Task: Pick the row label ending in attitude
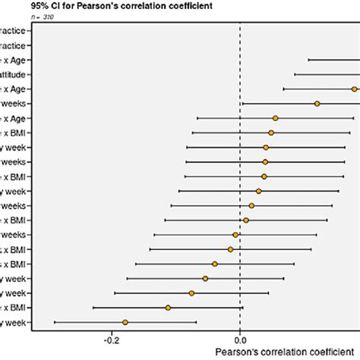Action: coord(15,74)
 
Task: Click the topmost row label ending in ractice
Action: coord(15,31)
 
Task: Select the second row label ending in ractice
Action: coord(15,46)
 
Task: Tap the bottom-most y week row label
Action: coord(15,323)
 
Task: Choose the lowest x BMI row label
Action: coord(15,308)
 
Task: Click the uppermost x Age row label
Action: coord(15,60)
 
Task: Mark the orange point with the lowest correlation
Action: coord(125,323)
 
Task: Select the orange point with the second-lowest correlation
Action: coord(168,308)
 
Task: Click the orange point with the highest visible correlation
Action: coord(355,89)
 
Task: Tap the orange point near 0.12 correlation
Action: coord(317,103)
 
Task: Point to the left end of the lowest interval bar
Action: coord(54,323)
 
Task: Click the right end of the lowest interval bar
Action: coord(197,323)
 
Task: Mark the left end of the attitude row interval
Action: coord(295,74)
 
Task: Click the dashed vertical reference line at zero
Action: coord(240,190)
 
